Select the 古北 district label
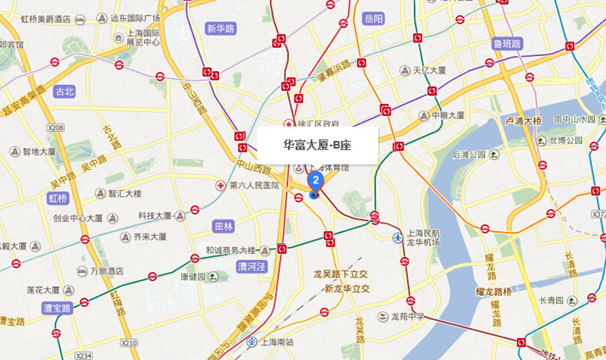(64, 92)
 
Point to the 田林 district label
(223, 227)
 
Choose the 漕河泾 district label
(250, 267)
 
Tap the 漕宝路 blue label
(56, 308)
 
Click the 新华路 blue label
(220, 30)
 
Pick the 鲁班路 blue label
(507, 43)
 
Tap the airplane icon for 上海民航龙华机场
(398, 237)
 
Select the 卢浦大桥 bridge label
(523, 121)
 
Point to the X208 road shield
(55, 129)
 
